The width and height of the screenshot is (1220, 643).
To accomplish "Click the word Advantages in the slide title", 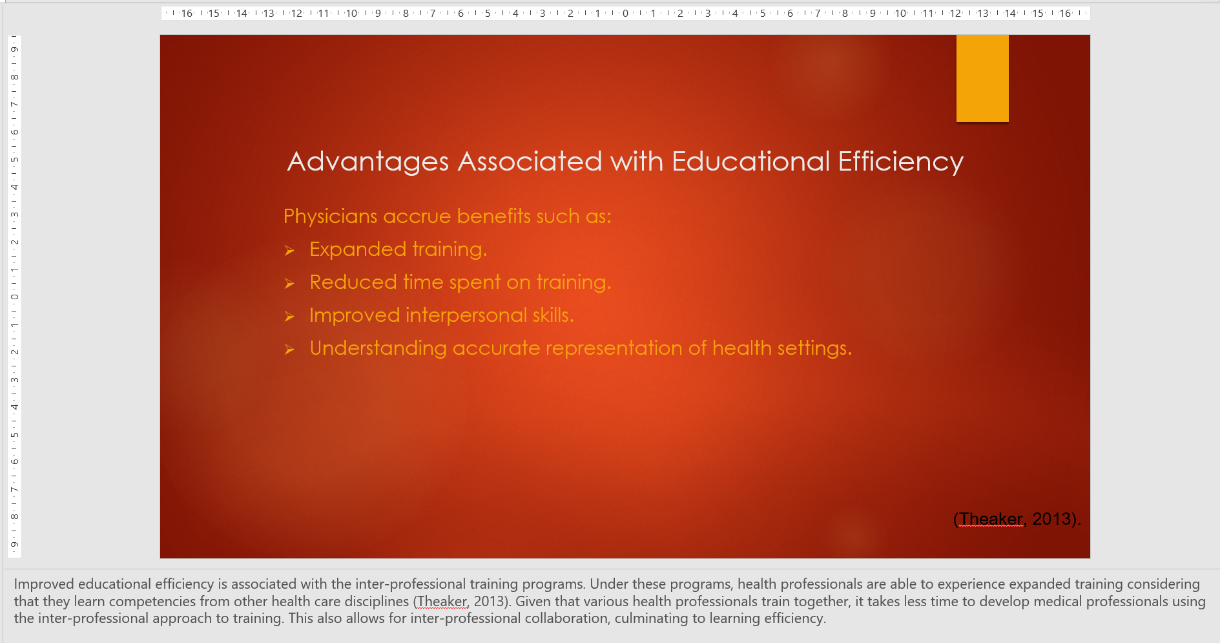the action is [x=368, y=162].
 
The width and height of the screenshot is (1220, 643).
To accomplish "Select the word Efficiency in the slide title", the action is [x=901, y=162].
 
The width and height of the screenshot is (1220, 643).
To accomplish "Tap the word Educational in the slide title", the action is [x=751, y=162].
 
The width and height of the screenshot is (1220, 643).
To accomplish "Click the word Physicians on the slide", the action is [x=330, y=216].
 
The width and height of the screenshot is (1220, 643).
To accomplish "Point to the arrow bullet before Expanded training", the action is [x=289, y=251].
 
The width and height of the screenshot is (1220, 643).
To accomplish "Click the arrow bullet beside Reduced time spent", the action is [x=289, y=284].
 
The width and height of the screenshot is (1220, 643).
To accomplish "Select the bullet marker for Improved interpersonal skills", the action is [x=289, y=317].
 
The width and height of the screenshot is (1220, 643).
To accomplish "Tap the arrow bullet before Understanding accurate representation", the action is [x=289, y=350].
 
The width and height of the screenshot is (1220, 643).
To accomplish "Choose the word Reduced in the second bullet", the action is [x=353, y=282].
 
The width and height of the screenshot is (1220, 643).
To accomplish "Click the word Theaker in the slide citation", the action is [x=991, y=519].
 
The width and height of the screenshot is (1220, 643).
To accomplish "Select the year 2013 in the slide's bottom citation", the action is [x=1051, y=519].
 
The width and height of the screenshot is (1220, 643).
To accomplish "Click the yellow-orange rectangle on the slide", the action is [x=982, y=78].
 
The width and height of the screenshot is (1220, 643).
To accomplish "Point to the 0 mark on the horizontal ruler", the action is [x=625, y=13].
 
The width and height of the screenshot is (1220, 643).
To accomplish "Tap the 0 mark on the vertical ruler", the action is [x=14, y=297].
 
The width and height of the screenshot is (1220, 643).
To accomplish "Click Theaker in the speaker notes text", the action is [x=442, y=602].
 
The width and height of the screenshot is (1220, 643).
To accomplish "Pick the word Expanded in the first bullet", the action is [x=358, y=249].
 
